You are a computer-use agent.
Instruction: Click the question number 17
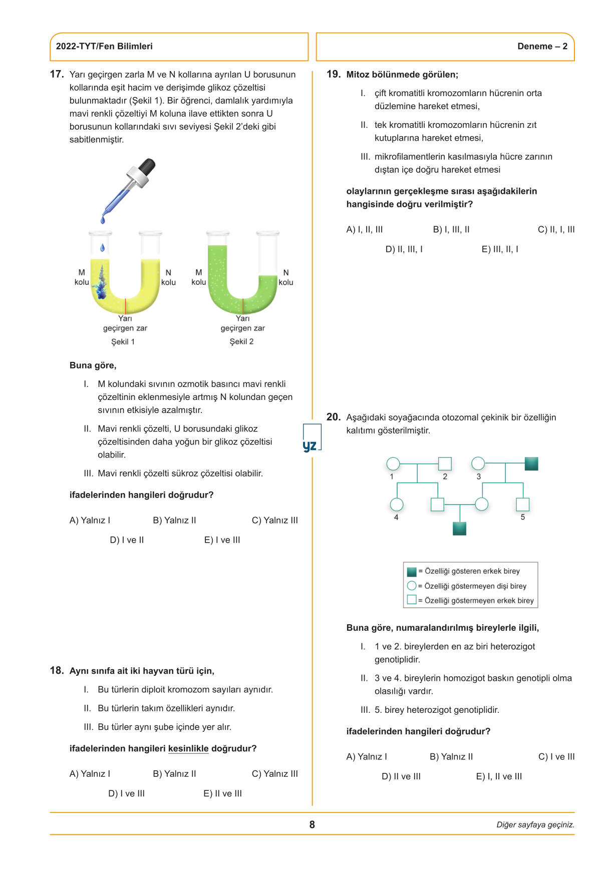tap(57, 75)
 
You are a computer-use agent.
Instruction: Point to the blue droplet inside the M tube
tap(103, 247)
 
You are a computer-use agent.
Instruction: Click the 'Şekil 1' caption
tap(123, 341)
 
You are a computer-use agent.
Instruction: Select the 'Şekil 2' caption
tap(241, 341)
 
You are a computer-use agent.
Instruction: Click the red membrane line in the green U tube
tap(243, 306)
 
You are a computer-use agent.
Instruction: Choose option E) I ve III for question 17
tap(222, 540)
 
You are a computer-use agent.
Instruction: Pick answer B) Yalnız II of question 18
tap(174, 774)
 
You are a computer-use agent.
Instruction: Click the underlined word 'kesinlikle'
tap(188, 749)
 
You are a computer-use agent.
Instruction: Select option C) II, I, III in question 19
tap(556, 230)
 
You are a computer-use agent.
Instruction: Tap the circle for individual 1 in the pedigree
tap(393, 464)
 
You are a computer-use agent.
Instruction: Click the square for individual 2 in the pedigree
tap(445, 464)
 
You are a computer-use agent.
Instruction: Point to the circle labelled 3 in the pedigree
tap(478, 464)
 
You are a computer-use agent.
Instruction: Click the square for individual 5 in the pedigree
tap(522, 504)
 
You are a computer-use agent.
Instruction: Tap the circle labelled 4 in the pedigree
tap(397, 505)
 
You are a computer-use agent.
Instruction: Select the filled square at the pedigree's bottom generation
tap(459, 529)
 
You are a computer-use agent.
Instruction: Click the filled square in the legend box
tap(412, 572)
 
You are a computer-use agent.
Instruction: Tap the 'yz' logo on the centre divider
tap(311, 445)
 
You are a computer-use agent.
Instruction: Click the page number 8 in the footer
tap(312, 824)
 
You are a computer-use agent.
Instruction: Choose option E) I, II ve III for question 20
tap(499, 777)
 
